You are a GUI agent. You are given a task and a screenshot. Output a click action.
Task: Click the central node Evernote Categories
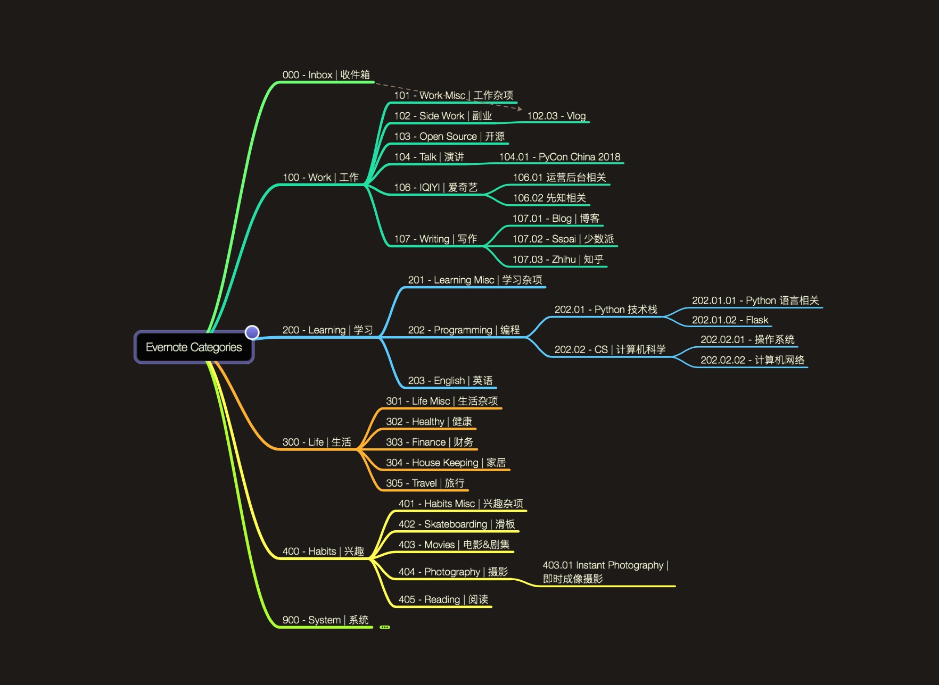click(x=194, y=347)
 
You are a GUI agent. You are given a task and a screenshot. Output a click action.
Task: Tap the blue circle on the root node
click(x=252, y=332)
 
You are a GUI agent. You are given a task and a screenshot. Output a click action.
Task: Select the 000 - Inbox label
click(x=326, y=75)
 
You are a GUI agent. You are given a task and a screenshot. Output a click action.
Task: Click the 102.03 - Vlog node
click(x=556, y=116)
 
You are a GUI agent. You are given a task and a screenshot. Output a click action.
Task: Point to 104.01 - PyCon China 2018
click(x=559, y=157)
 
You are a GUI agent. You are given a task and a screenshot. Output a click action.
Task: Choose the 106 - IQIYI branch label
click(x=435, y=187)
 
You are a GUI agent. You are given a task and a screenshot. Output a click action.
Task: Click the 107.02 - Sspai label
click(x=563, y=239)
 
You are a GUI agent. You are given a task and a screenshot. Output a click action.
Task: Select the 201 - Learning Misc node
click(x=475, y=280)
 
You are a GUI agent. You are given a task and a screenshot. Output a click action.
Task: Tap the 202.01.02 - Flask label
click(x=730, y=320)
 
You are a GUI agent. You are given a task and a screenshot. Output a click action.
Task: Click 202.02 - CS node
click(x=609, y=349)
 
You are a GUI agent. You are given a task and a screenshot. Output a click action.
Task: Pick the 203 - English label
click(x=450, y=380)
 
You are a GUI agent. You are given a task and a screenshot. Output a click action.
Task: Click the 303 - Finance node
click(x=430, y=442)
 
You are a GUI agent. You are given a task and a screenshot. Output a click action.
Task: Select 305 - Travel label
click(x=425, y=483)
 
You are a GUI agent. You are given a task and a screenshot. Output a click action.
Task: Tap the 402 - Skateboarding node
click(x=457, y=524)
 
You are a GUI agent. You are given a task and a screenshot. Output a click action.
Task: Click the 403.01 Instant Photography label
click(x=605, y=572)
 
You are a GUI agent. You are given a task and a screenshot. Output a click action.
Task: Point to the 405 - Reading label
click(x=443, y=599)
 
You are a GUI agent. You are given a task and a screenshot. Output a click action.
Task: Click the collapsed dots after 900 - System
click(x=385, y=628)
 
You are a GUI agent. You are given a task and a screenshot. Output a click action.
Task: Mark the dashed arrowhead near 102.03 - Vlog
click(x=520, y=109)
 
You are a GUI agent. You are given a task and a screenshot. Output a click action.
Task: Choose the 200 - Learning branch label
click(x=327, y=330)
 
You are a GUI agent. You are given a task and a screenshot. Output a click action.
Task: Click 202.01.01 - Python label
click(x=755, y=300)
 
